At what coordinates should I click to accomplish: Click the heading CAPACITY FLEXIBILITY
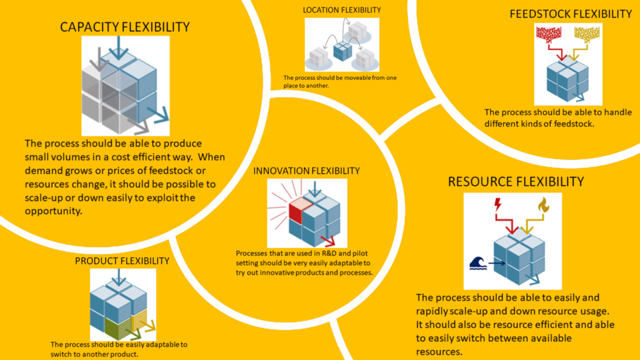(125, 27)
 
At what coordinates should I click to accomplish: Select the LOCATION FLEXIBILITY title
(342, 10)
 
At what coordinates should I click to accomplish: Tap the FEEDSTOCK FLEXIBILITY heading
(571, 14)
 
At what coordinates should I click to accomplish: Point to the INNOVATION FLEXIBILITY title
(307, 171)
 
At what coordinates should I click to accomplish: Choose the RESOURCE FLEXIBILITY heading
(516, 181)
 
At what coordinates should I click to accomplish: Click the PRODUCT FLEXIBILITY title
(122, 261)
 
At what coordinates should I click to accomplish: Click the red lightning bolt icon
(497, 204)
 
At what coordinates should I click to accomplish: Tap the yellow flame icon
(544, 205)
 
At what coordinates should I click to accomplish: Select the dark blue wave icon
(478, 263)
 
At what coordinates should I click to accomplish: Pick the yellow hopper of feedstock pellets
(587, 35)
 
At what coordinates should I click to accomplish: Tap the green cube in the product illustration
(119, 327)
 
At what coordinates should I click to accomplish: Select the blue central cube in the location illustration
(343, 51)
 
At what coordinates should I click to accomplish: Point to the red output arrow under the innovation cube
(328, 241)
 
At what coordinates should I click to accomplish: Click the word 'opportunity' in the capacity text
(53, 211)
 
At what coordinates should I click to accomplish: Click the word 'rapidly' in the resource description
(431, 311)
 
